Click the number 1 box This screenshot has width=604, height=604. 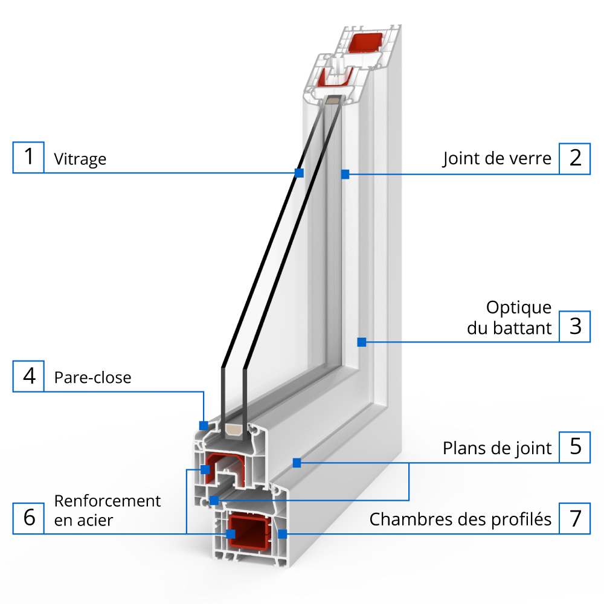pos(28,157)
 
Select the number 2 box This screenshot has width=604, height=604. pos(575,158)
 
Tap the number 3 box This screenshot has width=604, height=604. pos(575,326)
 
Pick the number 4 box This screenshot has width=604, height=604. pos(28,376)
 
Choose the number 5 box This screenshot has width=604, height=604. pos(575,448)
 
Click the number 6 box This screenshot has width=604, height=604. pos(28,518)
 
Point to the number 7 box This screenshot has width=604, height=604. pos(575,518)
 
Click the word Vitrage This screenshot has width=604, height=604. pos(80,159)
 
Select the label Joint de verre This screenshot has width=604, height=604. pos(497,159)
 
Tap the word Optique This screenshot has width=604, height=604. pos(519,307)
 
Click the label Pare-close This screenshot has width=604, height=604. pos(92,377)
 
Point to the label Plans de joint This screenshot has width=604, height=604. pos(497,448)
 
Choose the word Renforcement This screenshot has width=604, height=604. pos(108,501)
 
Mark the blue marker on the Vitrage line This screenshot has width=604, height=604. pos(298,173)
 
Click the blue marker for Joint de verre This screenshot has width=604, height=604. pos(345,175)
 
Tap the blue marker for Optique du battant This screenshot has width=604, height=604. pos(361,342)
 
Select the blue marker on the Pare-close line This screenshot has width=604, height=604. pos(204,425)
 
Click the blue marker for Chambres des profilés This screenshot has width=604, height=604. pos(281,534)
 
